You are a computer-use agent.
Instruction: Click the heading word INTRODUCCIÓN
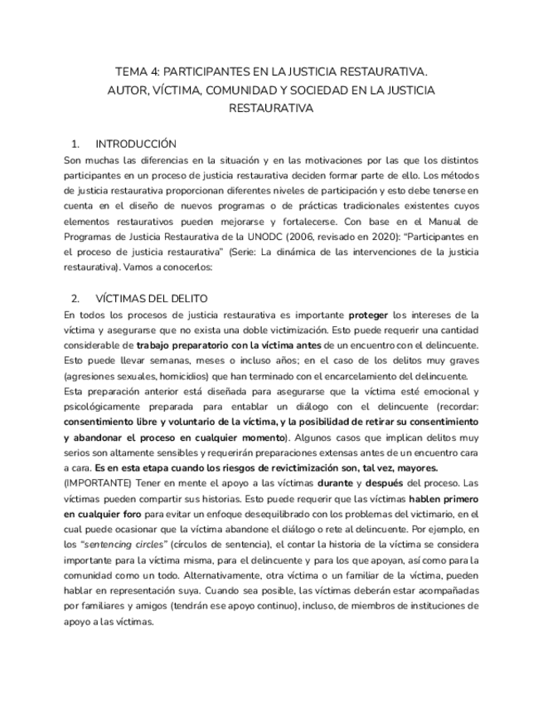point(136,143)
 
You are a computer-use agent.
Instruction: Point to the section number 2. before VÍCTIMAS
point(75,298)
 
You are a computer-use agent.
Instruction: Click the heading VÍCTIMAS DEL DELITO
point(152,298)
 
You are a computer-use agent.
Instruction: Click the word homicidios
point(170,375)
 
